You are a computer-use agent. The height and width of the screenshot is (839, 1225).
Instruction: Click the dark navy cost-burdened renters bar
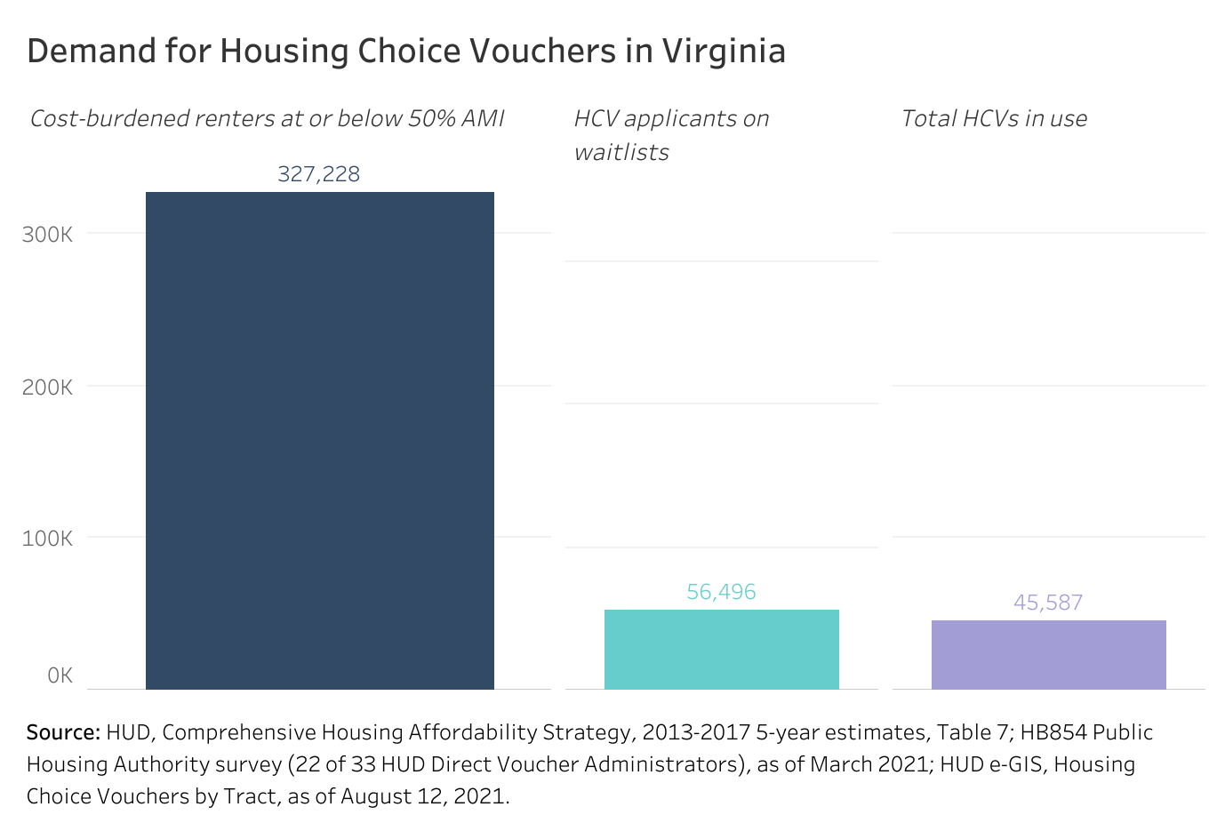point(319,440)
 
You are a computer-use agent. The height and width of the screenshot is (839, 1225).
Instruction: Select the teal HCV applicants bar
point(721,649)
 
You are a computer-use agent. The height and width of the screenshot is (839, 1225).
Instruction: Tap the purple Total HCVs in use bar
point(1048,654)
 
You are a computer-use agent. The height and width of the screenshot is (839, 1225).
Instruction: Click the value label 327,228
point(318,174)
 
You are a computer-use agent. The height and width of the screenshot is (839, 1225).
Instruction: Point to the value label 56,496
point(721,592)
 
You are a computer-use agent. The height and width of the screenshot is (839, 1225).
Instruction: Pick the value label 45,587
point(1048,603)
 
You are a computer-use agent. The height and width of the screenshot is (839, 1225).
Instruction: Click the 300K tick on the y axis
point(48,235)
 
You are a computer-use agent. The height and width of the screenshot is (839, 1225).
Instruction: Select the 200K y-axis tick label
point(48,388)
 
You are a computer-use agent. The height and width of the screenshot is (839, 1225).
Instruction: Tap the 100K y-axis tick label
point(48,539)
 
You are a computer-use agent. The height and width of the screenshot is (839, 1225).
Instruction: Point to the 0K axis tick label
point(60,675)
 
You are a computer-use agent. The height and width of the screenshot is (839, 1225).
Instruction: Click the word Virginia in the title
point(723,52)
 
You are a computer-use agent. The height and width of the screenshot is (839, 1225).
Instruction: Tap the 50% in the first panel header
point(430,119)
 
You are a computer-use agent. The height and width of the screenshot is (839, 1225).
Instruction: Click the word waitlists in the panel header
point(621,153)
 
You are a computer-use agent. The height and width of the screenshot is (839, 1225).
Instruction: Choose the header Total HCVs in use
point(994,119)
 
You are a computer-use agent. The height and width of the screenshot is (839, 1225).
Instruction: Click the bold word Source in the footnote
point(62,732)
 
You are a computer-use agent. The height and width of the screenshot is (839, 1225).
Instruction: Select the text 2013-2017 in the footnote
point(696,732)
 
